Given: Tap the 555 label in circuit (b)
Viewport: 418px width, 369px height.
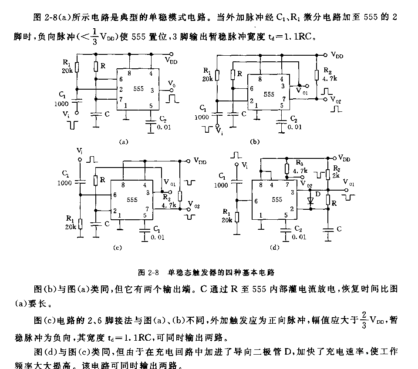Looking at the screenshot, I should [x=269, y=94].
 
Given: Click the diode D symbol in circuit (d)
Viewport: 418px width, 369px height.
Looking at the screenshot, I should [x=310, y=200].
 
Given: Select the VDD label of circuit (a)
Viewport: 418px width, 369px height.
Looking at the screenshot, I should [x=171, y=60].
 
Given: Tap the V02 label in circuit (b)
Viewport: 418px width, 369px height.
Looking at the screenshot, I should [x=336, y=99].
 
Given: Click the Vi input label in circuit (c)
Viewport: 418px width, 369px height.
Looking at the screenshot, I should [x=79, y=151].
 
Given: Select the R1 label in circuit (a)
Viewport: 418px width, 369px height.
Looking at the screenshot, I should [x=66, y=64].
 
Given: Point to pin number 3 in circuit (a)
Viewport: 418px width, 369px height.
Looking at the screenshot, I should [x=152, y=90].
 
